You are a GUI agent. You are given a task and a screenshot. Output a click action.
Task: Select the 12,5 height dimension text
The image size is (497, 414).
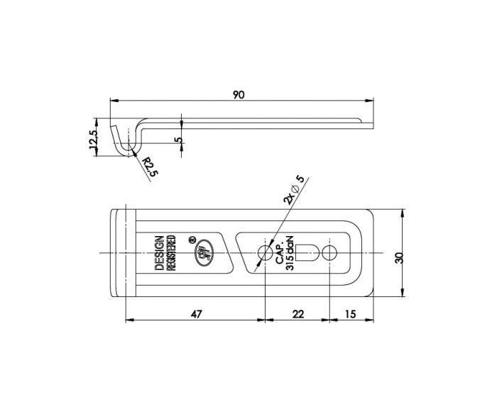(x=93, y=138)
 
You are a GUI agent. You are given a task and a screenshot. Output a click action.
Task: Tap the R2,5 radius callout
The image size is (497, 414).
(x=147, y=168)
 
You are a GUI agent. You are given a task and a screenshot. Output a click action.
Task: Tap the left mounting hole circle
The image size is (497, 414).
(x=265, y=253)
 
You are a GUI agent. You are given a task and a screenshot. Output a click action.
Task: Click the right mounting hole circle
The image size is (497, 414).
(x=330, y=253)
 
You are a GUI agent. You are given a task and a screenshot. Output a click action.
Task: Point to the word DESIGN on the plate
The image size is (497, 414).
(x=159, y=253)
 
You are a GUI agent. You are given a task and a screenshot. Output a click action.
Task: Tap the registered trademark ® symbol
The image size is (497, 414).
(x=192, y=240)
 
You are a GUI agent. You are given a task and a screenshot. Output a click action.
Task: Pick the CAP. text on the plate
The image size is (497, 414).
(x=278, y=253)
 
